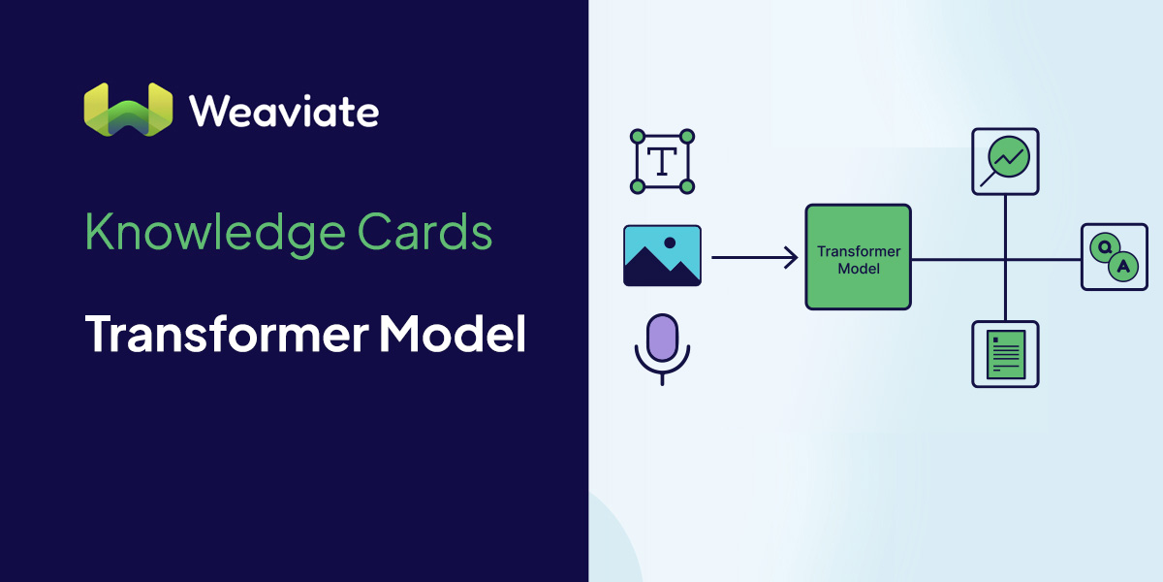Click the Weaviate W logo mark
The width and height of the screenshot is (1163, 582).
coord(128,110)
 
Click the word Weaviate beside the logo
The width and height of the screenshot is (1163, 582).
coord(284,112)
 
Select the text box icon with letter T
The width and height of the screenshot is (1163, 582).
coord(662,162)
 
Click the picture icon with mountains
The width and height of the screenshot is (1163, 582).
coord(662,256)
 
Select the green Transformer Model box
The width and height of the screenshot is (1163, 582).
coord(858,257)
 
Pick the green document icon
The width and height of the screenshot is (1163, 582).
coord(1005,354)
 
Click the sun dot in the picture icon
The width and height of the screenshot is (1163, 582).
coord(669,242)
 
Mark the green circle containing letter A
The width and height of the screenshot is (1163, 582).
coord(1122,267)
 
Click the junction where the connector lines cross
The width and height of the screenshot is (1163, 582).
coord(1005,259)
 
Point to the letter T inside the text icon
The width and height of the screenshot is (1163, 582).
coord(662,162)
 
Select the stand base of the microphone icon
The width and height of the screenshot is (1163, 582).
coord(662,379)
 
